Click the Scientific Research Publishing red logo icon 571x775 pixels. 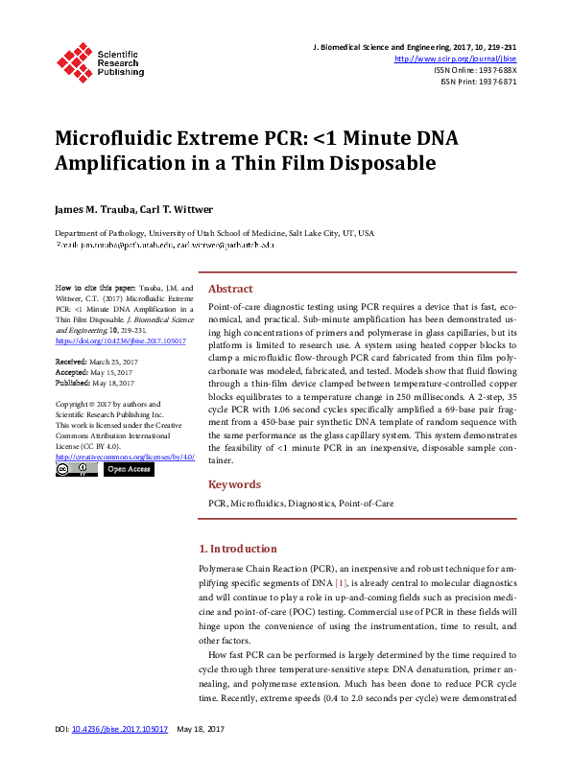point(75,60)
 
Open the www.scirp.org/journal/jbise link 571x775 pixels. point(456,59)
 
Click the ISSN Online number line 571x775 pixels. point(475,70)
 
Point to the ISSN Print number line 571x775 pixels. point(478,82)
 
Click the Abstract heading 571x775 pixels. point(230,289)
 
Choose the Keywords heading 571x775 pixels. point(234,484)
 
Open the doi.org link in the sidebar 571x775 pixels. point(120,341)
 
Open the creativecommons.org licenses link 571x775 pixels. point(125,457)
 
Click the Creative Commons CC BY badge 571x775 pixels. point(76,470)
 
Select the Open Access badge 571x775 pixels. point(128,470)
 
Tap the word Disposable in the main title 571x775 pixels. point(383,163)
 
